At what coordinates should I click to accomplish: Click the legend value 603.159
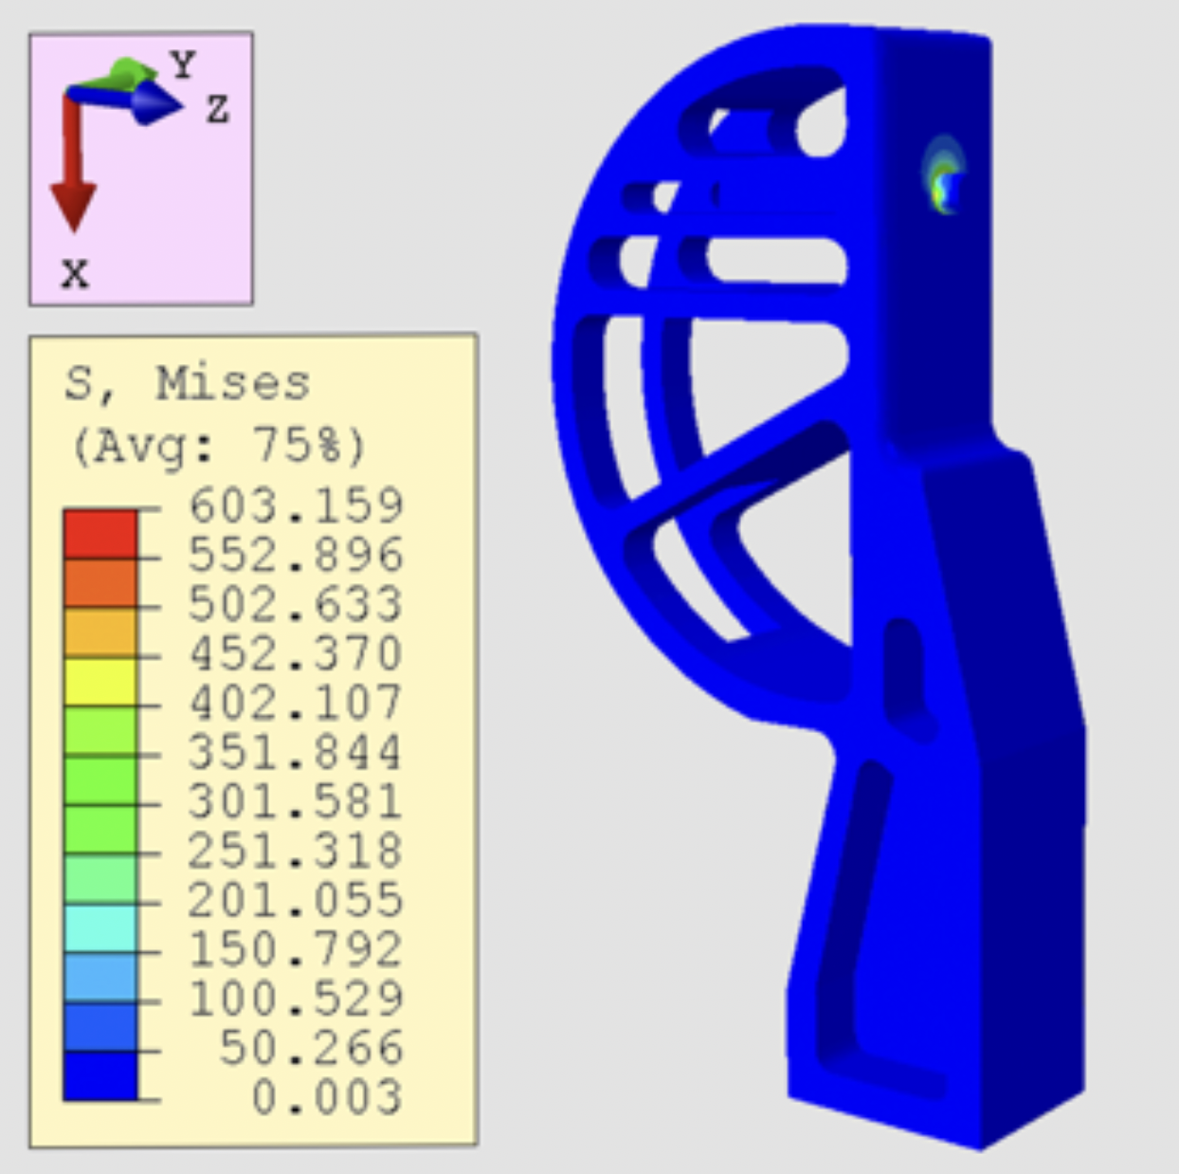click(x=296, y=505)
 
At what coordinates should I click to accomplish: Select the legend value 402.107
click(x=296, y=703)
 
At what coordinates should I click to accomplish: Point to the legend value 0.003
click(x=326, y=1097)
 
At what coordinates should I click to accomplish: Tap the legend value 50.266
click(x=311, y=1048)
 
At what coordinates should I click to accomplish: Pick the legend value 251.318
click(x=296, y=851)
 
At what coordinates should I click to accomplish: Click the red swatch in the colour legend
click(x=100, y=534)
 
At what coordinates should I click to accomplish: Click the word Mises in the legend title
click(x=233, y=384)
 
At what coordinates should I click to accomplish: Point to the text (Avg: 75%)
click(x=219, y=445)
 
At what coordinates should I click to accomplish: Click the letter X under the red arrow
click(x=75, y=275)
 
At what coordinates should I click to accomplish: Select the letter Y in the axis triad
click(x=183, y=64)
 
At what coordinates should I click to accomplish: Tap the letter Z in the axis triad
click(x=217, y=110)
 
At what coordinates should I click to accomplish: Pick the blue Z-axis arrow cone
click(x=154, y=102)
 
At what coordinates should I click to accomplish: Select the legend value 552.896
click(x=296, y=555)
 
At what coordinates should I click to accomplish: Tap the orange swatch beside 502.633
click(x=100, y=583)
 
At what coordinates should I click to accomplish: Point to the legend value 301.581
click(x=296, y=801)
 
